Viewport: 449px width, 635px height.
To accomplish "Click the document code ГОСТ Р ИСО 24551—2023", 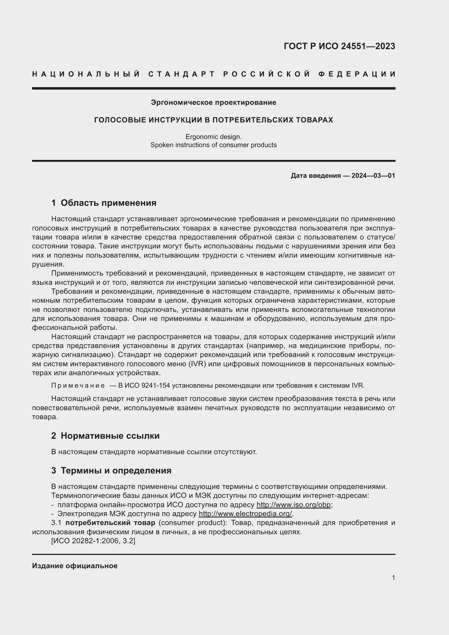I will click(x=339, y=46).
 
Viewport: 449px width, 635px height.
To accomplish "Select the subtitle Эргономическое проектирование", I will click(x=213, y=103).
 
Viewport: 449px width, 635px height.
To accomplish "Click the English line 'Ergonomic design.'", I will click(x=213, y=137).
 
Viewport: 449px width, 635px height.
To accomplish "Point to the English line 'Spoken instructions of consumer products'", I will click(x=213, y=145).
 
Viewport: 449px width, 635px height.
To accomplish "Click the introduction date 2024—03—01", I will click(x=373, y=176).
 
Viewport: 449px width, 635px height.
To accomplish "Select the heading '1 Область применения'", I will click(x=104, y=203).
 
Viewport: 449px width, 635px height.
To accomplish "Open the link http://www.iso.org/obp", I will click(x=293, y=504).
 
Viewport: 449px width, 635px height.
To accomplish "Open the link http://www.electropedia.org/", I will click(x=245, y=514).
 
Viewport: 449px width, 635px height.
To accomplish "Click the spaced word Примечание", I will click(x=78, y=386).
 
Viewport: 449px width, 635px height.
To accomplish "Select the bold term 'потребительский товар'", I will click(x=110, y=523).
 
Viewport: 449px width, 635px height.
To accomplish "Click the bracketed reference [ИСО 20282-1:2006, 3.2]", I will click(x=93, y=541).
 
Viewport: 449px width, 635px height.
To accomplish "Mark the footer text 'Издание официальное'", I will click(x=75, y=566).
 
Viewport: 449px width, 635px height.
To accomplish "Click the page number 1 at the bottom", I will click(x=393, y=577).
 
